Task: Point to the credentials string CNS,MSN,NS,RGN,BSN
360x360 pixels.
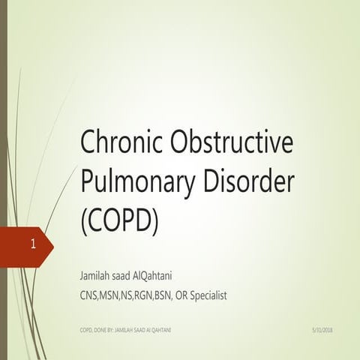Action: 125,295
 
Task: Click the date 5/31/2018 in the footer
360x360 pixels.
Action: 320,329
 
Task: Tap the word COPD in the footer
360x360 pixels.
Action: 87,329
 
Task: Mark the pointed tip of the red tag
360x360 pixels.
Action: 52,244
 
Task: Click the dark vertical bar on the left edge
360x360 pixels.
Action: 3,180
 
